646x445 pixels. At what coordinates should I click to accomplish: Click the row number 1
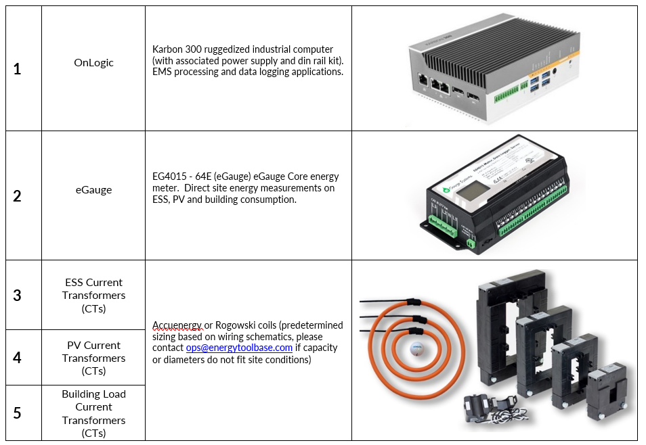click(18, 69)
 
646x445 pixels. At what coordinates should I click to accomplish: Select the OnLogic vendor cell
click(93, 63)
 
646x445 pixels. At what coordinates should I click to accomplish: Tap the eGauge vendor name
click(93, 190)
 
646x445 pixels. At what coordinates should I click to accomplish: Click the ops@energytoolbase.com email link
click(239, 348)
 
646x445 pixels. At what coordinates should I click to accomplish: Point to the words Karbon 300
click(175, 49)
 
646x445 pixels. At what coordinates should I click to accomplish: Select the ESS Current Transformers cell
click(93, 296)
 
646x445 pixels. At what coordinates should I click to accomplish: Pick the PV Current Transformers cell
click(93, 358)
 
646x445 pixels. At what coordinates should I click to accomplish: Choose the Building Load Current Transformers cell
click(93, 413)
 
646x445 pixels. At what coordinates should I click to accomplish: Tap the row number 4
click(18, 358)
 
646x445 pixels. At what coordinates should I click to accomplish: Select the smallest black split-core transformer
click(607, 390)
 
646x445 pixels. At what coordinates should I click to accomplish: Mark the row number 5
click(18, 413)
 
